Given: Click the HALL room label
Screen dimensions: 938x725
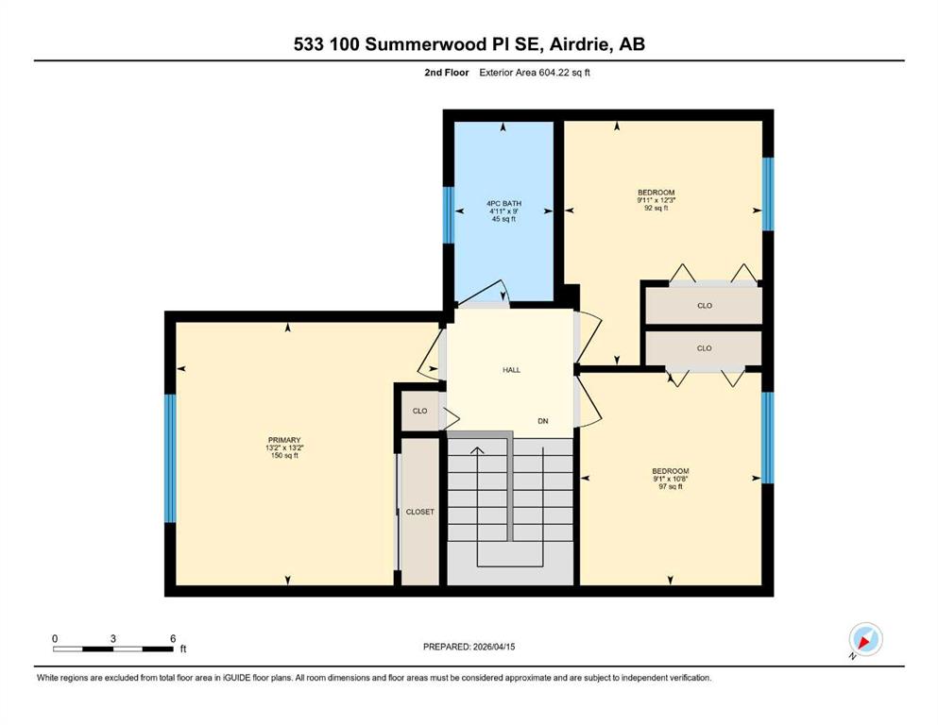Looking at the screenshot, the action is [511, 370].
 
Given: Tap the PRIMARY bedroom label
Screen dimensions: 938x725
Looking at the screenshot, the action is [284, 440].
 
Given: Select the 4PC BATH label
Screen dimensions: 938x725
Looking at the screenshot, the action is [503, 204].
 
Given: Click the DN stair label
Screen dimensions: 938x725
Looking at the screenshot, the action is [543, 421].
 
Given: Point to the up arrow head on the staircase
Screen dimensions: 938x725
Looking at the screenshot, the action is [477, 450].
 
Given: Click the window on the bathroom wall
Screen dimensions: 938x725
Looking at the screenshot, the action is [448, 215].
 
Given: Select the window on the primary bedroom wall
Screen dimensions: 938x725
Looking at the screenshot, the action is [170, 459].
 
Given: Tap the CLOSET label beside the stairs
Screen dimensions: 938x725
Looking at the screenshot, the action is [420, 513].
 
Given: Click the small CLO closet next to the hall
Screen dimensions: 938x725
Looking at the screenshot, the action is [420, 411].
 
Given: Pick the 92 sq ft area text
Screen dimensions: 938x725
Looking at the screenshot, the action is [657, 208].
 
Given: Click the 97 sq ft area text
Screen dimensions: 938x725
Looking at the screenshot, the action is [671, 486].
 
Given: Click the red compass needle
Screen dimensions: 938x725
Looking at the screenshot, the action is [863, 643].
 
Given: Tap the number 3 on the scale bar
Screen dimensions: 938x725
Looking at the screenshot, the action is [113, 638].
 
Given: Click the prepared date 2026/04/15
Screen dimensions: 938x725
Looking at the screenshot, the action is [494, 647].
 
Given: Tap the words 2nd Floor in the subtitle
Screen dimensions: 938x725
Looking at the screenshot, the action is [447, 73].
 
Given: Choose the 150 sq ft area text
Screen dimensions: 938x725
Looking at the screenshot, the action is [284, 455].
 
